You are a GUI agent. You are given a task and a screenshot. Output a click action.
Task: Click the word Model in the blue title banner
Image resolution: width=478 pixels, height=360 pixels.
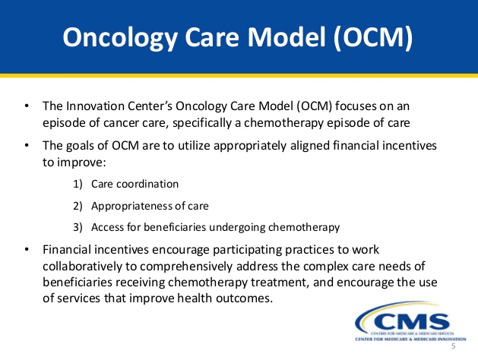click(x=287, y=37)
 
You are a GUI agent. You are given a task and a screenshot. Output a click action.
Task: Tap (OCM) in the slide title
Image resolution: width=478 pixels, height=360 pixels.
click(x=373, y=38)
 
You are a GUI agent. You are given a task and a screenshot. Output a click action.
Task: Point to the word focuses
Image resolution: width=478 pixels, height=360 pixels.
click(x=356, y=106)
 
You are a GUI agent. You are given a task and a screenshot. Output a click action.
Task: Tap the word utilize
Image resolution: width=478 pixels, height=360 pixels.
click(x=194, y=146)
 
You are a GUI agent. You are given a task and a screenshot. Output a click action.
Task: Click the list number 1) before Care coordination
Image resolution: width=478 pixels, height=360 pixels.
click(x=78, y=184)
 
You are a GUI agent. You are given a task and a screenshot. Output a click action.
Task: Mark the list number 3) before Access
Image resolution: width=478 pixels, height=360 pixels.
click(x=78, y=227)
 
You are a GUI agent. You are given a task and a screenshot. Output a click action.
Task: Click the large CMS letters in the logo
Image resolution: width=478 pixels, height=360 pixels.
click(x=413, y=322)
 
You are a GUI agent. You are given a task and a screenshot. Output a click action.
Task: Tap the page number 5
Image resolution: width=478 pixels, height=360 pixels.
click(x=454, y=346)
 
